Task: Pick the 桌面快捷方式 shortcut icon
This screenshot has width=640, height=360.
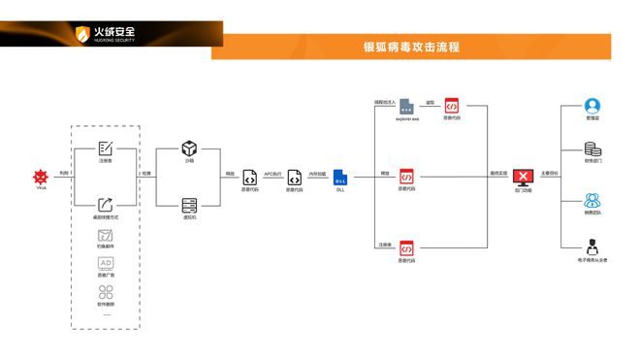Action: pyautogui.click(x=106, y=204)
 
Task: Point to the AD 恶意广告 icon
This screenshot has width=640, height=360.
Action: pyautogui.click(x=106, y=263)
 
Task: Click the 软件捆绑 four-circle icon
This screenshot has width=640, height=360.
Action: pyautogui.click(x=106, y=290)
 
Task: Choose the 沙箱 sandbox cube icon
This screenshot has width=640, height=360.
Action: pyautogui.click(x=189, y=148)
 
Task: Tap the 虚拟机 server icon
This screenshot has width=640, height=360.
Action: pyautogui.click(x=189, y=205)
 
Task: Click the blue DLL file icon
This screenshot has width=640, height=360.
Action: pyautogui.click(x=339, y=177)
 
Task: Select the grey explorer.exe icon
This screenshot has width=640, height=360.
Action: pyautogui.click(x=407, y=106)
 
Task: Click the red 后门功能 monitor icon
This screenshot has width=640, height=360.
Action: pyautogui.click(x=524, y=177)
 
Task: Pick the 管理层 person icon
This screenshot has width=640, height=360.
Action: pyautogui.click(x=592, y=106)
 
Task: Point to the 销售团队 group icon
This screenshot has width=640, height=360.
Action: pyautogui.click(x=592, y=201)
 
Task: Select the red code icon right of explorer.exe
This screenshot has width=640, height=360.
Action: pyautogui.click(x=452, y=106)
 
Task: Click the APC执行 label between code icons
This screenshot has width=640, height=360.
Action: pyautogui.click(x=272, y=174)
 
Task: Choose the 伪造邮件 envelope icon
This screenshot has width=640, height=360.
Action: pyautogui.click(x=106, y=235)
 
